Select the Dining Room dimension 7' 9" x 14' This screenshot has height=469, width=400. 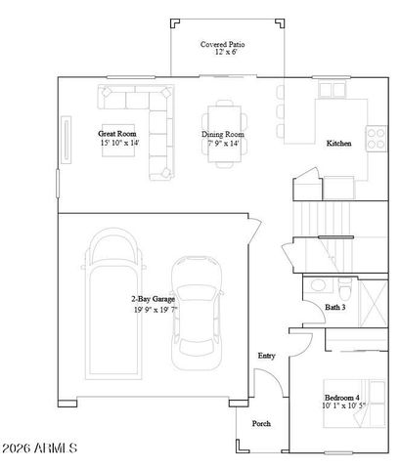point(222,143)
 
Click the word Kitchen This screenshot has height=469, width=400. point(338,143)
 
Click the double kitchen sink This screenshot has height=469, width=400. point(332,89)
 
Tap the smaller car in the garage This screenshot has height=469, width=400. point(200,313)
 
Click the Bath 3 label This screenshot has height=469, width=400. point(335,307)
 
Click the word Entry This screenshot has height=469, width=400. point(266,356)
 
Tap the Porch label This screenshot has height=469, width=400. point(261,424)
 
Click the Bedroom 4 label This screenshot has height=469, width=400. point(341,397)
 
